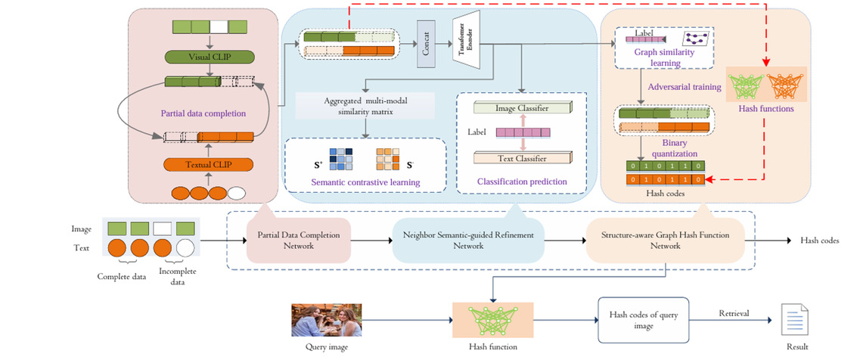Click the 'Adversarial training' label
coord(689,86)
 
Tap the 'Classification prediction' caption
coord(522,182)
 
